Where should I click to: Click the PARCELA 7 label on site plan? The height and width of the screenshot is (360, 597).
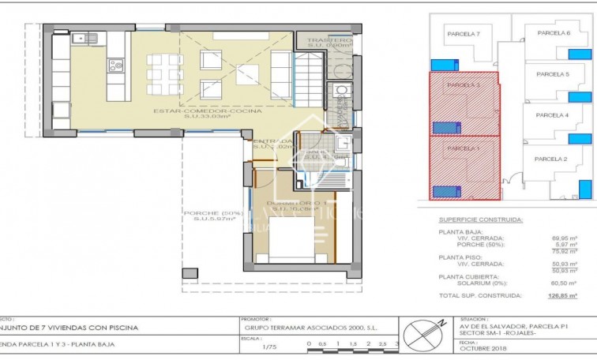464,34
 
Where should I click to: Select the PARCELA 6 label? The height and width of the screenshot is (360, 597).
554,33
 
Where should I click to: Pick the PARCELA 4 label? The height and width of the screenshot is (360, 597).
552,115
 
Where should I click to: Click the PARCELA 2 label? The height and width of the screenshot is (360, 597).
550,159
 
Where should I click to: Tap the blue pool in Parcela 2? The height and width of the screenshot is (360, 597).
585,189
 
